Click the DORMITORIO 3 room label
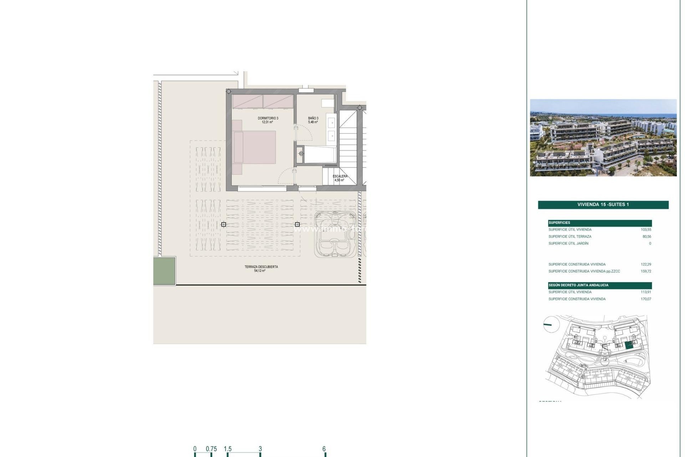click(x=268, y=118)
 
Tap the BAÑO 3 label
click(x=313, y=118)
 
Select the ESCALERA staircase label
click(x=340, y=176)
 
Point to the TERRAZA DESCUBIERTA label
click(x=261, y=267)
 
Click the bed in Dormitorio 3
click(x=254, y=147)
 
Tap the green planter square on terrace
click(x=164, y=271)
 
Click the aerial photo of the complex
click(x=603, y=138)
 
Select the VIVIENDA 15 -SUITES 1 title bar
click(x=603, y=205)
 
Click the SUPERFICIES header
click(x=559, y=223)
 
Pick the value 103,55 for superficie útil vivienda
click(x=646, y=230)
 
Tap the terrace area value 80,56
click(x=646, y=237)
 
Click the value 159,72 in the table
click(x=646, y=271)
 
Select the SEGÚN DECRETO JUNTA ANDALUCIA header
click(x=578, y=285)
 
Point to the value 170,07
click(x=646, y=299)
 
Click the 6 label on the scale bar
click(x=324, y=449)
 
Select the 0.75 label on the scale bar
click(x=211, y=449)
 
